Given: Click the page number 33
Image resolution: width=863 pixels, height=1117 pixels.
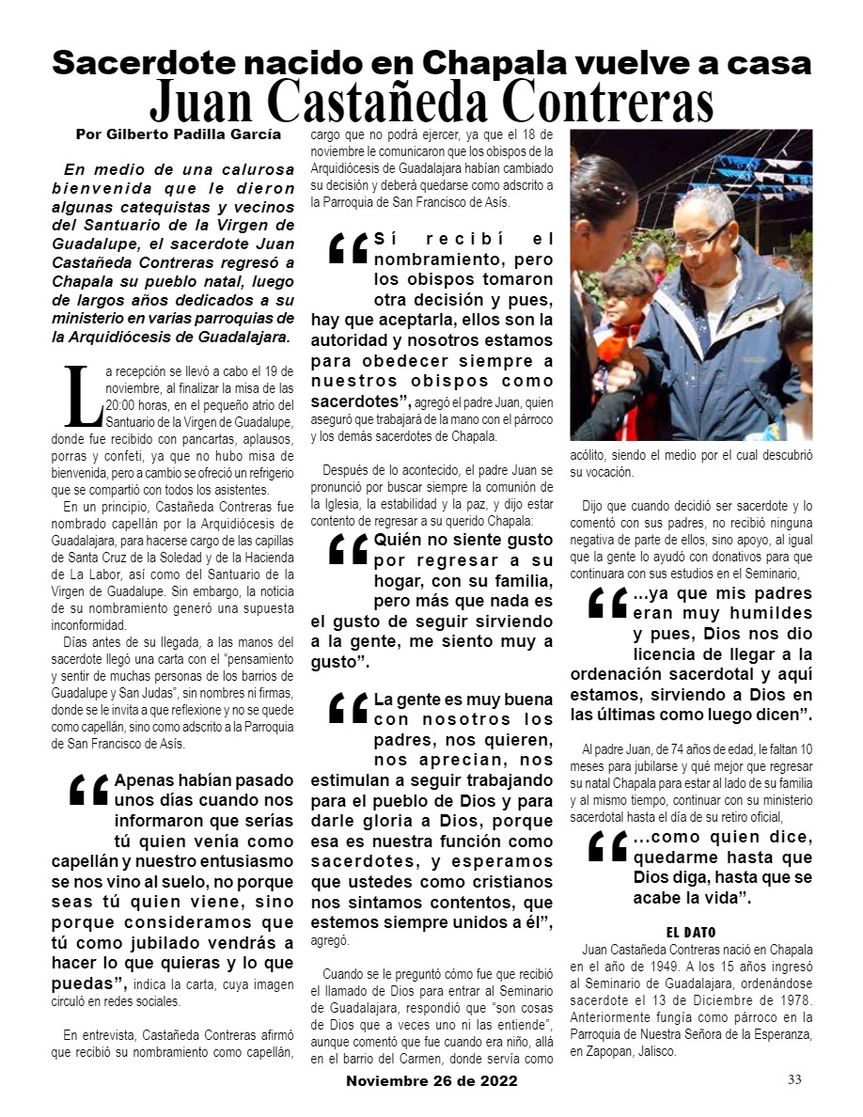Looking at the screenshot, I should coord(794,1079).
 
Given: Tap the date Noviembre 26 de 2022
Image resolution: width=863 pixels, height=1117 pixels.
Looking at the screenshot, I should coord(431,1081).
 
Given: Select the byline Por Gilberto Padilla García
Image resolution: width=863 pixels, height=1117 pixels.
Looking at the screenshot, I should coord(178,134).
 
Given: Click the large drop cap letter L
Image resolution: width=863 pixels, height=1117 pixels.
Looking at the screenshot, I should coord(80,397).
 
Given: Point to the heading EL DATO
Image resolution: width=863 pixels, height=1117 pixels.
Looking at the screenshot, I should coord(691,932).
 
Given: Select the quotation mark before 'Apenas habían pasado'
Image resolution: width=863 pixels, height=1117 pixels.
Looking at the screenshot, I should coord(89,792).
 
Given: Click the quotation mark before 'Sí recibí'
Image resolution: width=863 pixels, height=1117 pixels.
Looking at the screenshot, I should coord(348,249).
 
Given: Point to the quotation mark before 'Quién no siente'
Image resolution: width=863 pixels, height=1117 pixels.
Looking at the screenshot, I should coord(348,550).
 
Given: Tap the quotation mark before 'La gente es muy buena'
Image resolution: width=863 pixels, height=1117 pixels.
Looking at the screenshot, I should coord(348,710).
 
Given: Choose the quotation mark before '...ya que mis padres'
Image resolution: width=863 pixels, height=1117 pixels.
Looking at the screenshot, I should coord(607,603).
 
